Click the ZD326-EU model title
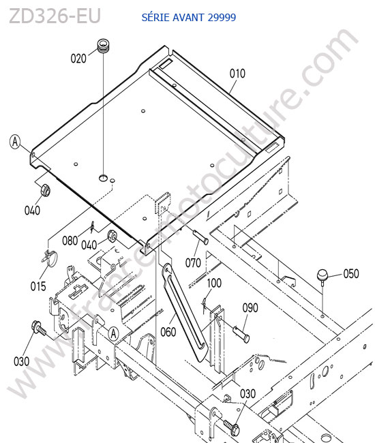[55, 16]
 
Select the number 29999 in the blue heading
[222, 18]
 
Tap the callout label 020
[78, 59]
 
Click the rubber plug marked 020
[104, 46]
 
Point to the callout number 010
[237, 74]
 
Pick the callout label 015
[38, 286]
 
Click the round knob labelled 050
[322, 275]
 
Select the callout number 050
[351, 273]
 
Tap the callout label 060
[168, 332]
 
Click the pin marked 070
[201, 237]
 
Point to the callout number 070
[193, 263]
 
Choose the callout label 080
[70, 241]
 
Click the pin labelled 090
[241, 334]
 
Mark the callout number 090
[250, 307]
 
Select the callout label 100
[214, 283]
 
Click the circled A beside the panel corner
[15, 142]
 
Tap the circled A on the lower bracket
[114, 334]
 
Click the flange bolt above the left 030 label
[38, 328]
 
